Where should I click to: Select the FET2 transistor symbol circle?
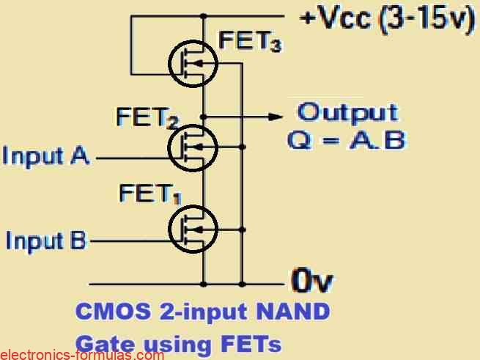click(x=193, y=147)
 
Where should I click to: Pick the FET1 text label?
click(x=149, y=194)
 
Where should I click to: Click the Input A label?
click(x=46, y=155)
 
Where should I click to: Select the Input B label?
click(x=47, y=240)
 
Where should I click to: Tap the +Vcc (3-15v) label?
click(x=385, y=18)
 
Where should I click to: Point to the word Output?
click(x=347, y=113)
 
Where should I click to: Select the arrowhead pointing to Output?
click(x=276, y=117)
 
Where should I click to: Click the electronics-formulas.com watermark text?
click(x=82, y=355)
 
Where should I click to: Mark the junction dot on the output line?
click(x=204, y=117)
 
